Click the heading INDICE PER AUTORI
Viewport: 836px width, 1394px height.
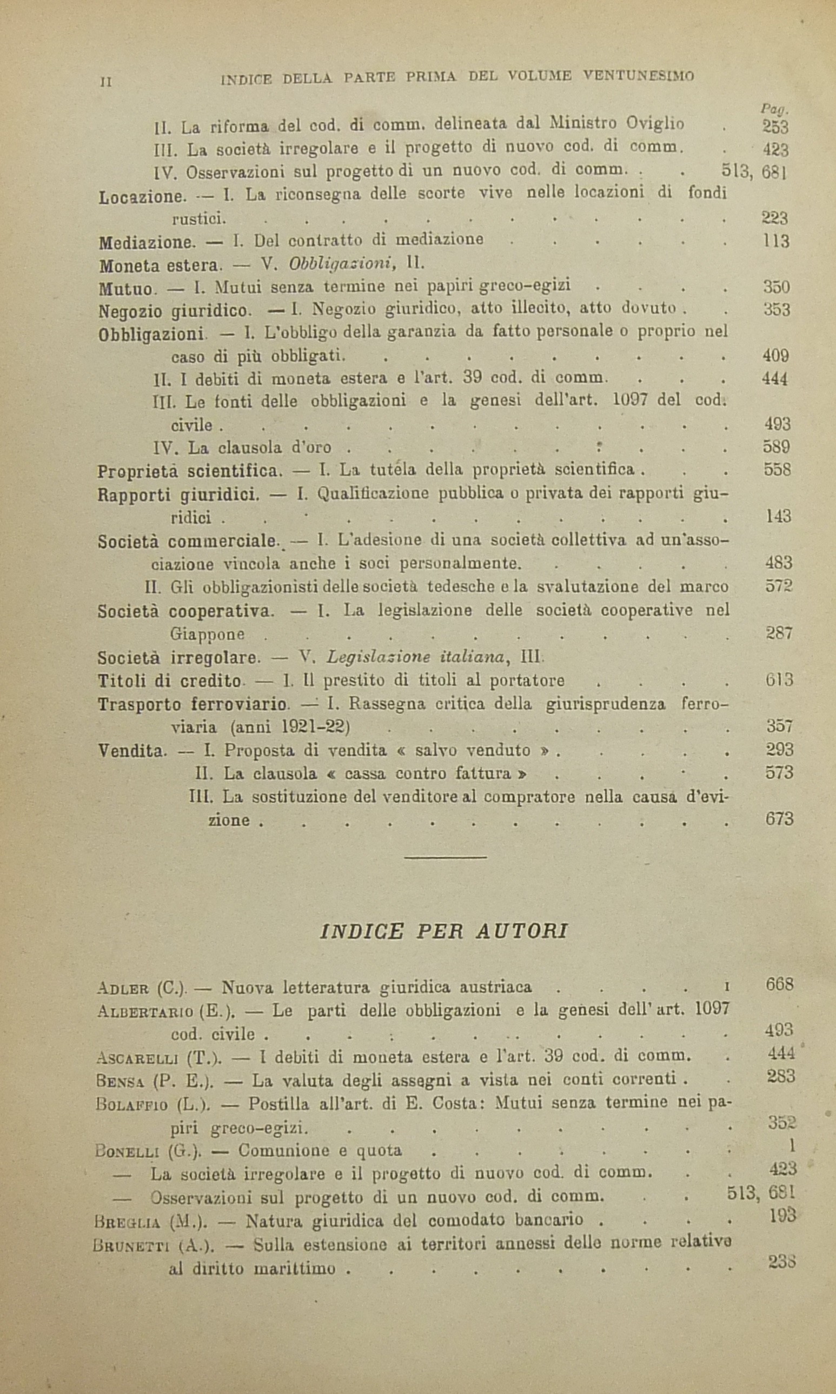click(x=443, y=932)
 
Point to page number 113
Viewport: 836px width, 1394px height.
click(x=776, y=242)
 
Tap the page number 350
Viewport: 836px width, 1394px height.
click(x=777, y=287)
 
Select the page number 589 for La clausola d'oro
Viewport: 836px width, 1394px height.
click(x=777, y=447)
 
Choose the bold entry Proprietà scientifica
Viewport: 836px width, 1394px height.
click(x=189, y=471)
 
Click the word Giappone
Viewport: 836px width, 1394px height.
click(x=207, y=634)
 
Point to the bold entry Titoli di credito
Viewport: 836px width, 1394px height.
click(x=170, y=681)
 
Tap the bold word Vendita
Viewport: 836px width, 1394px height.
click(x=131, y=751)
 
